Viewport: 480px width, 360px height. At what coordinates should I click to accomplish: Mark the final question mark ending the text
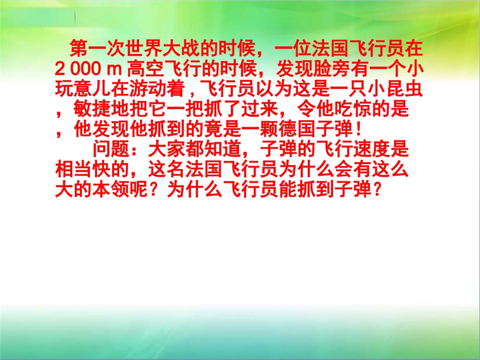[374, 190]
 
